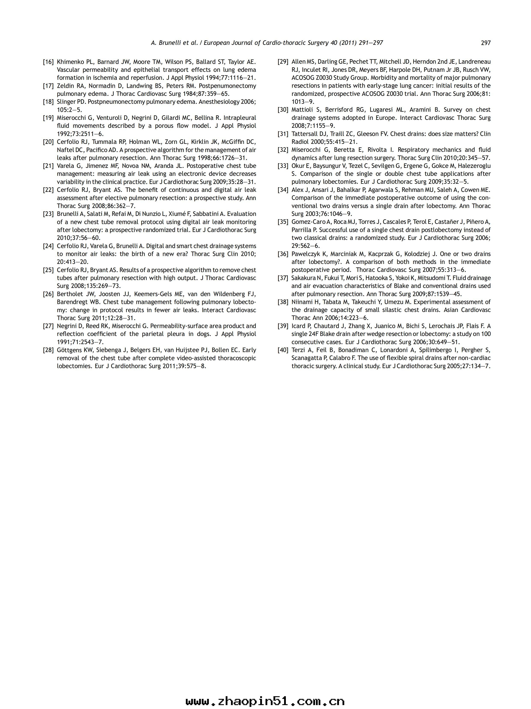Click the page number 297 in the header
tap(486, 43)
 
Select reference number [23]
tap(48, 214)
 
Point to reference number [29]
tap(283, 62)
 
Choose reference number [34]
tap(283, 190)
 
